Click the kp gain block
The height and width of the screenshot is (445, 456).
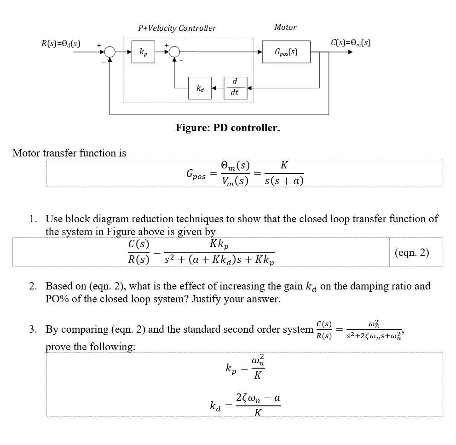coord(144,52)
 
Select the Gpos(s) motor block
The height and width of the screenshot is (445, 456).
coord(286,52)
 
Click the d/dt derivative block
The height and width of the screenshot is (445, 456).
coord(235,87)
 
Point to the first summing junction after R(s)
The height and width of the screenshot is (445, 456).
coord(110,52)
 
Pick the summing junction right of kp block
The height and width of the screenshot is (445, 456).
coord(174,52)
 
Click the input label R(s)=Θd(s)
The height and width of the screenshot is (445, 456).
coord(61,44)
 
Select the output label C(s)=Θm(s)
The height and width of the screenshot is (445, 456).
coord(351,43)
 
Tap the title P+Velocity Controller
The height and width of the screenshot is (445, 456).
coord(177,28)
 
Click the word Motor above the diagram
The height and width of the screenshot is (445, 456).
coord(285,28)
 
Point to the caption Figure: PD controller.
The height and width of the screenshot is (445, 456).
coord(228,127)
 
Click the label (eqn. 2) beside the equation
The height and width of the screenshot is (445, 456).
coord(412,253)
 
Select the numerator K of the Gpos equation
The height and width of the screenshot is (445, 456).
coord(284,166)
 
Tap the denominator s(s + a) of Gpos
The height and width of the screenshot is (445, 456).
coord(284,181)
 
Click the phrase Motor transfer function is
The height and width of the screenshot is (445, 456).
coord(69,153)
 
